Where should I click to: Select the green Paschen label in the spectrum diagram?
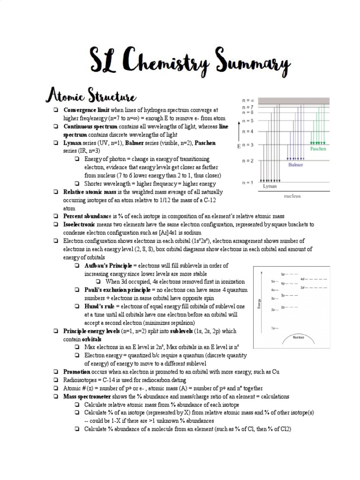tap(318, 149)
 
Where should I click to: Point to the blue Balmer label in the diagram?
tap(295, 165)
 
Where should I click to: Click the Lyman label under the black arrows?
tap(270, 186)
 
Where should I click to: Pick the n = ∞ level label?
tap(247, 100)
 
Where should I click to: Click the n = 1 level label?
tap(247, 182)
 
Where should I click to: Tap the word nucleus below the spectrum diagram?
tap(292, 196)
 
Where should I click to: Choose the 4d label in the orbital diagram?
tap(303, 279)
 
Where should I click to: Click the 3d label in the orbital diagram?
tap(303, 287)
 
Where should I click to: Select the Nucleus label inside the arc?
tap(298, 337)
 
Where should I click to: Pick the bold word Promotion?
tap(77, 371)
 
